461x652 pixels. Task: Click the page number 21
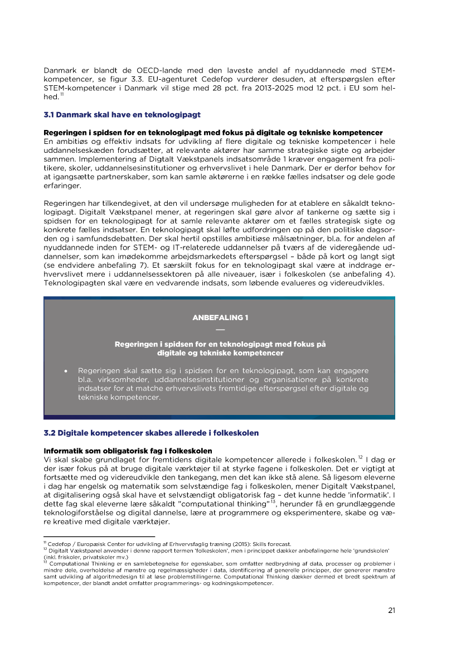pyautogui.click(x=391, y=610)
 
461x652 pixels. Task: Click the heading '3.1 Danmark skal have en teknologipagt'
pyautogui.click(x=122, y=115)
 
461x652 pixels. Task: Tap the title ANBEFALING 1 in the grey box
pyautogui.click(x=220, y=317)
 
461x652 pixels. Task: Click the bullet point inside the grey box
pyautogui.click(x=66, y=370)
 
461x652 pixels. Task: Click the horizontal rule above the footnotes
pyautogui.click(x=99, y=537)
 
